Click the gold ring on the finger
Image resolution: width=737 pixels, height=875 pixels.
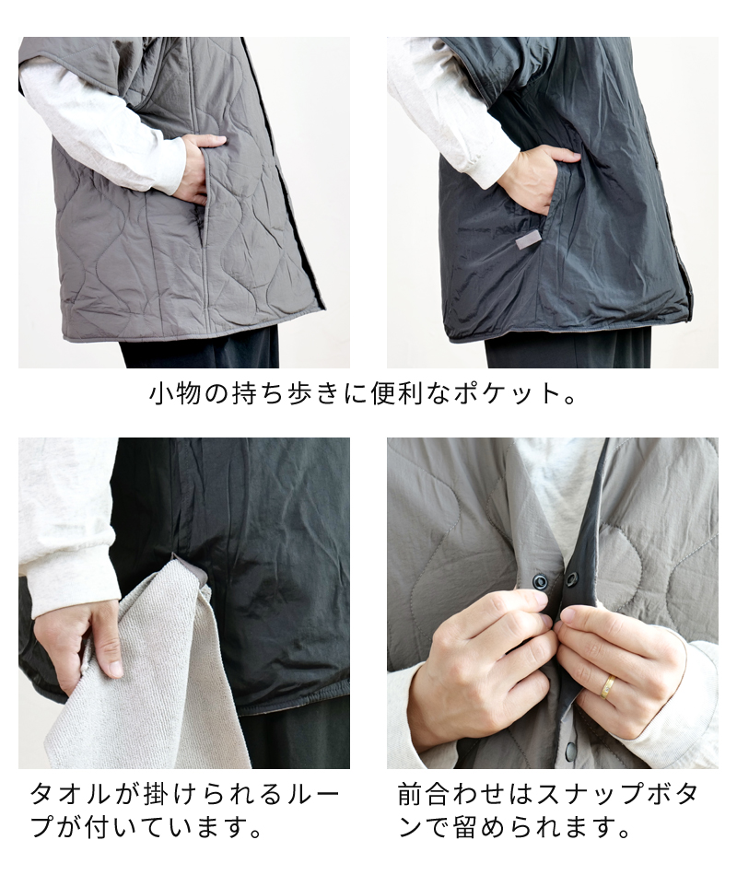coord(609,686)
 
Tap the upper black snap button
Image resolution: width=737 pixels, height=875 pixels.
coord(538,579)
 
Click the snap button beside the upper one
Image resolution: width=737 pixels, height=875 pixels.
coord(571,579)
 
